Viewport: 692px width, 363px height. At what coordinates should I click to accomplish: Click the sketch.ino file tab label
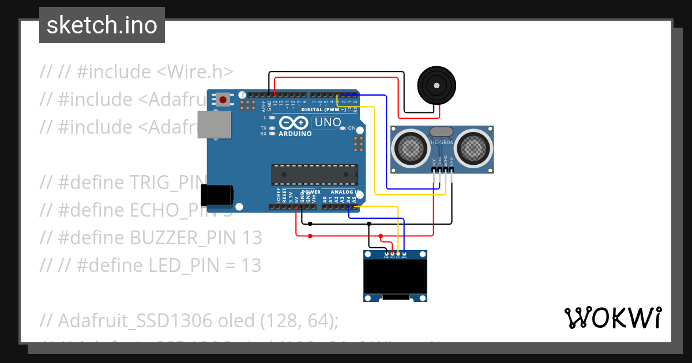tap(101, 25)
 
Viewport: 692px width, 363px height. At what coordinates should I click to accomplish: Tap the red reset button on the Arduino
tap(223, 100)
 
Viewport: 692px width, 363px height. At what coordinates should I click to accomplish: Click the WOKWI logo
tap(612, 317)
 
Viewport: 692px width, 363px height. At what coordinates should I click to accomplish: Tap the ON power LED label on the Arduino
tap(351, 128)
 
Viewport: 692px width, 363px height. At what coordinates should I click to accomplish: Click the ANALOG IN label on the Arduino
tap(346, 192)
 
